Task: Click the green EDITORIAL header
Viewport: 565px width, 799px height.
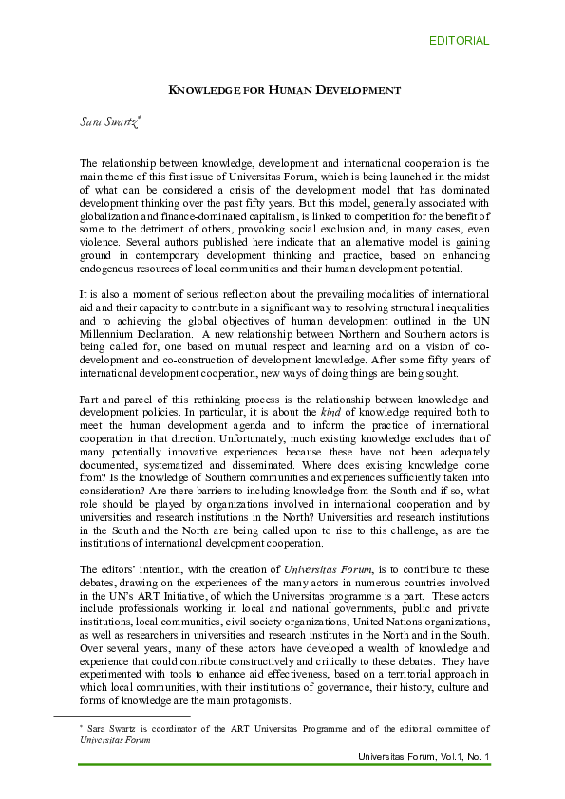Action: pyautogui.click(x=459, y=41)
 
